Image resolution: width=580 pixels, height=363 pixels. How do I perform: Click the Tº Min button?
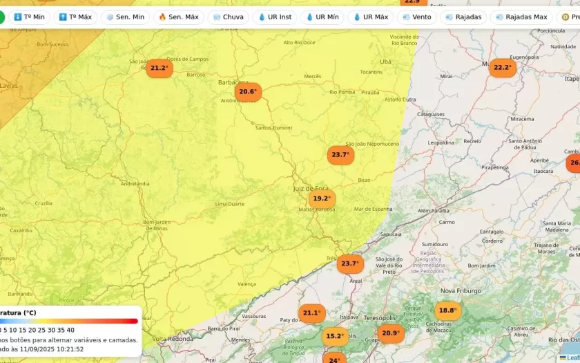pos(30,17)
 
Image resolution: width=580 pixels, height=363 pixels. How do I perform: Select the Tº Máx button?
pos(75,17)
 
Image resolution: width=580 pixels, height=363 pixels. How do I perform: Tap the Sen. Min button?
pos(126,17)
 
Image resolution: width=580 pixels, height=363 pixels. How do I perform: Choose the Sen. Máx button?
pos(178,17)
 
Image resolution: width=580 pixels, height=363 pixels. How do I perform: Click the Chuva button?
pos(228,17)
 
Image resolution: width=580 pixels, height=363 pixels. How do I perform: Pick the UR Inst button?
pos(274,17)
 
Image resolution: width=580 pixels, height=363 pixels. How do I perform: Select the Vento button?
pos(416,17)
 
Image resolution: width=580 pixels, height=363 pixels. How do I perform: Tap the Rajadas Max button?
pos(521,17)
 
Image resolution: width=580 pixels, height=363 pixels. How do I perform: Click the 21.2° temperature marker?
pos(159,68)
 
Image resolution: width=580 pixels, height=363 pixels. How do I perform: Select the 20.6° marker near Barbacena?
pos(247,91)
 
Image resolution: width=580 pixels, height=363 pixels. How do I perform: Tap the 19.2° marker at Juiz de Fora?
pos(322,198)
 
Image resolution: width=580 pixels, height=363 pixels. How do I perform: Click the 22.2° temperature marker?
pos(502,67)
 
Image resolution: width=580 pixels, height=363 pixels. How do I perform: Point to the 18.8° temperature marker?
pos(447,310)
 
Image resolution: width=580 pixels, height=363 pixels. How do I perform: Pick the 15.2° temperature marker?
pos(334,336)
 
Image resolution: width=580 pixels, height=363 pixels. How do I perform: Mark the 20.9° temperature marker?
pos(390,333)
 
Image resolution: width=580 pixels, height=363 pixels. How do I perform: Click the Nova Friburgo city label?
pos(461,291)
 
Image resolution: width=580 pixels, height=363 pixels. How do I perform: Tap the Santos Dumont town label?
pos(273,128)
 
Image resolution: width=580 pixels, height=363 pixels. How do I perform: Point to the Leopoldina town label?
pos(441,142)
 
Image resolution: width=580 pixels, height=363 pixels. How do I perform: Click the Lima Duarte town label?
pos(230,204)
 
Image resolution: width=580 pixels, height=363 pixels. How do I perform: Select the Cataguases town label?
pos(430,114)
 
